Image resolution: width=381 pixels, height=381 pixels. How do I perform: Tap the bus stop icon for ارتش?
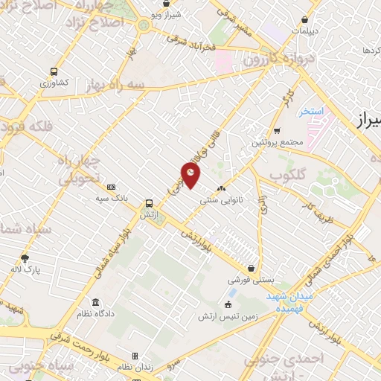coord(150,202)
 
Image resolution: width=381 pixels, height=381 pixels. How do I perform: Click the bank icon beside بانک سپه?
coord(112,188)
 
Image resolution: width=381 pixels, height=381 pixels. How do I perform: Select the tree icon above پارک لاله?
coord(25,258)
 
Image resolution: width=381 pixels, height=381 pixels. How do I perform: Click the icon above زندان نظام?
coord(135,356)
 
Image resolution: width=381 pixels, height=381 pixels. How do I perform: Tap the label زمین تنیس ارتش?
coord(228,316)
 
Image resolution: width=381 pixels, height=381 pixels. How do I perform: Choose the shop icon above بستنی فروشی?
coord(252,269)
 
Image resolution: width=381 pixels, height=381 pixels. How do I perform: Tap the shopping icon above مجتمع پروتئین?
coord(277,131)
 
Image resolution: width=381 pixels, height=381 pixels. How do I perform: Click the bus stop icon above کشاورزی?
coord(54,71)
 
